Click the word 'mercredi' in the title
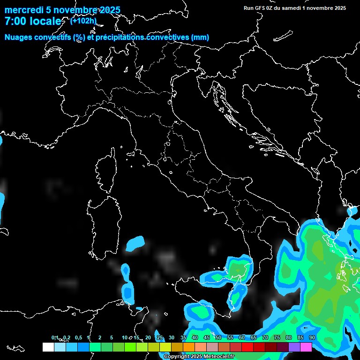(21, 10)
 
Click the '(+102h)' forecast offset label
(83, 21)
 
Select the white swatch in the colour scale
(48, 347)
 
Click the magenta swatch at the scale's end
(306, 347)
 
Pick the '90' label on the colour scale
(312, 337)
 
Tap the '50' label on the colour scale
(218, 337)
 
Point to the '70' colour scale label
(265, 337)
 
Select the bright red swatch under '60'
(247, 347)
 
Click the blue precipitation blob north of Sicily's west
(136, 243)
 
